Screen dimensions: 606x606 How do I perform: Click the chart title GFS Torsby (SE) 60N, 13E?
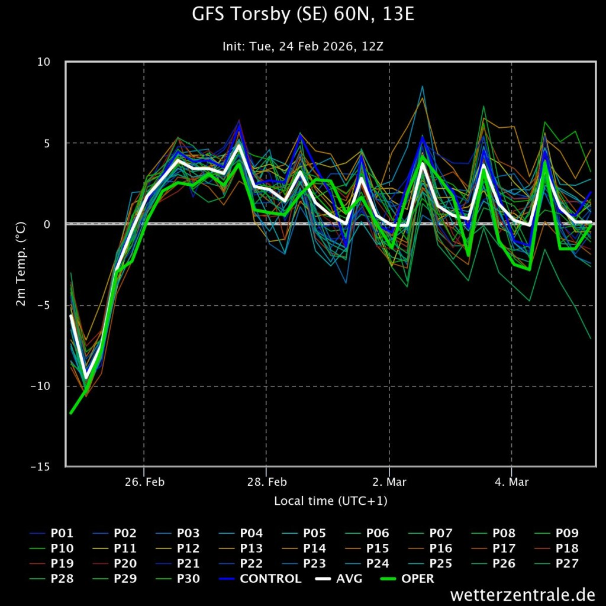point(303,14)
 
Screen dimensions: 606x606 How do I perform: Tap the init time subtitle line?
point(303,46)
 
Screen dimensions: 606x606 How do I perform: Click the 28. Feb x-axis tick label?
point(266,482)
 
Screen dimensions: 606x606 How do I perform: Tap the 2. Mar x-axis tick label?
point(389,482)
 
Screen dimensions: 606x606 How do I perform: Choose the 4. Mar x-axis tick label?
point(511,482)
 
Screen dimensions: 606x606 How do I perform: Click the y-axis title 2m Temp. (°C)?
point(21,264)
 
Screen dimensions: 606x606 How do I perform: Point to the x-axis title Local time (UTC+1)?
point(330,501)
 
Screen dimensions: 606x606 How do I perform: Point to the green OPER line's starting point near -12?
point(70,413)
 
